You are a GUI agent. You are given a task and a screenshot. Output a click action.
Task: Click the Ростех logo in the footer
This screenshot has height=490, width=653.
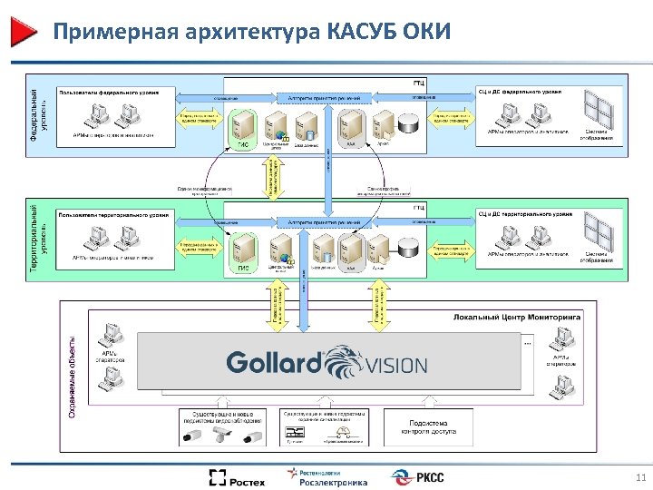237,477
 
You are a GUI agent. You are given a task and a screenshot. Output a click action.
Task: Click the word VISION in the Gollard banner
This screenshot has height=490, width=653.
395,365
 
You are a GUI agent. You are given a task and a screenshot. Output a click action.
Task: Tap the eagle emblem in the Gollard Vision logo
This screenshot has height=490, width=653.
343,359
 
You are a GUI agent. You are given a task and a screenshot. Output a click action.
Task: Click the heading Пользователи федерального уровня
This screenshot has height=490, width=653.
108,93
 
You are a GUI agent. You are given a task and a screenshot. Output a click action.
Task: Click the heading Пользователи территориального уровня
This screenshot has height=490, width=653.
113,215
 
